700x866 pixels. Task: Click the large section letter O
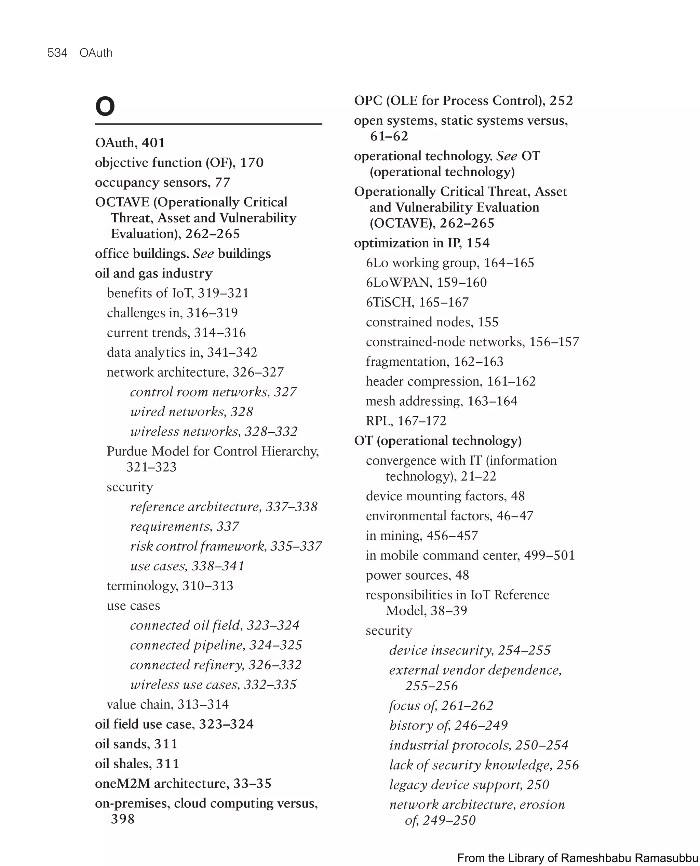tap(105, 106)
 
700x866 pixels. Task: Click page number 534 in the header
tap(57, 53)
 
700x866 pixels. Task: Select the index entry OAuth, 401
tap(130, 143)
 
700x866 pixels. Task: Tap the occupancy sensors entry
tap(162, 182)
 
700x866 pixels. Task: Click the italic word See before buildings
tap(203, 254)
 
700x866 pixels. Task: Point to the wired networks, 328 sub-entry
tap(191, 411)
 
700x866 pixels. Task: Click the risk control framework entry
tap(226, 546)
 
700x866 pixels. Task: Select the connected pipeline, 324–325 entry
tap(216, 645)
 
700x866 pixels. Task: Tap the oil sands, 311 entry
tap(136, 744)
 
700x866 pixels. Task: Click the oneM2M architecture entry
tap(183, 783)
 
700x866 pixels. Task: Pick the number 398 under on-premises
tap(123, 819)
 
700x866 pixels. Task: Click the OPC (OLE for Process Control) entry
tap(463, 100)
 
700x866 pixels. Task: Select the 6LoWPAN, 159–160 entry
tap(426, 282)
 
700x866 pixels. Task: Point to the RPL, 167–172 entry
tap(406, 420)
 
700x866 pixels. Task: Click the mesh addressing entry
tap(441, 401)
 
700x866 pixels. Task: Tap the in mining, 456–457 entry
tap(422, 536)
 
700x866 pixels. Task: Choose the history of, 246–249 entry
tap(448, 725)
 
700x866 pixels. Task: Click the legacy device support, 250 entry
tap(469, 785)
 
